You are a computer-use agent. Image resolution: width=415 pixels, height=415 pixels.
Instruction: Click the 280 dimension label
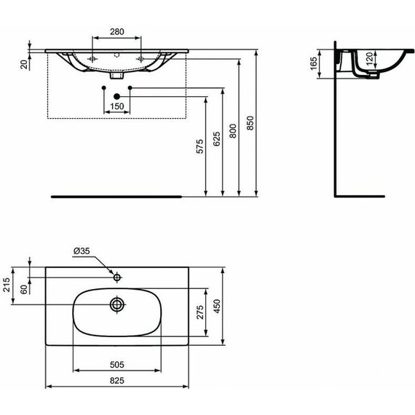116,32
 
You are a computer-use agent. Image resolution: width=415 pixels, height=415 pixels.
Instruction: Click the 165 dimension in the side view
314,64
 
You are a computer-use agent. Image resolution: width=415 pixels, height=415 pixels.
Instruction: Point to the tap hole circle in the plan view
116,277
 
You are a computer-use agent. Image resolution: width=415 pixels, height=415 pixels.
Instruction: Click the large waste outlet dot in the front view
116,97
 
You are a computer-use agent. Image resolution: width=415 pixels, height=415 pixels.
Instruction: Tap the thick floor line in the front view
116,197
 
